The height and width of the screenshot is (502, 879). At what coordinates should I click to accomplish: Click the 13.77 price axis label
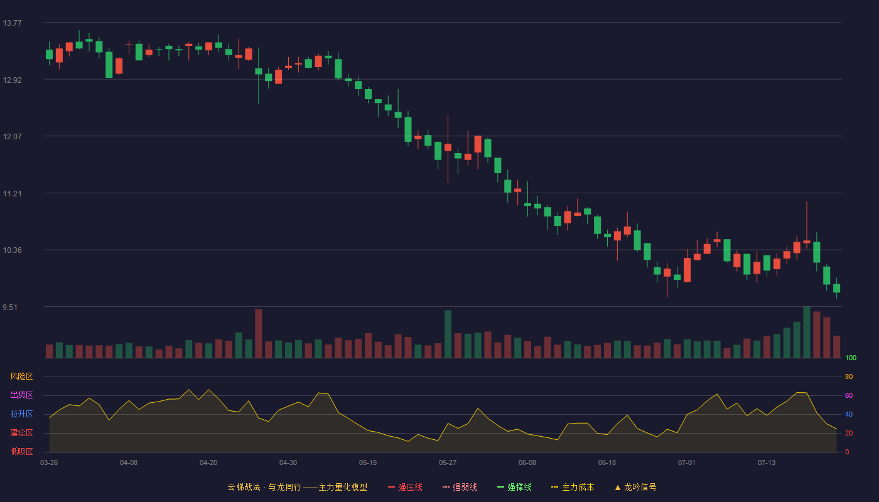click(12, 23)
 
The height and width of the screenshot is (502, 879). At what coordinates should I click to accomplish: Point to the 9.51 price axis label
click(10, 307)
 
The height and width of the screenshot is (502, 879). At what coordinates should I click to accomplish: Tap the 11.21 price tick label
click(12, 194)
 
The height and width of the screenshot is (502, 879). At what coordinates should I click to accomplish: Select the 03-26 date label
click(49, 463)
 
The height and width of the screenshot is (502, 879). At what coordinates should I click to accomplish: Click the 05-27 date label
click(448, 463)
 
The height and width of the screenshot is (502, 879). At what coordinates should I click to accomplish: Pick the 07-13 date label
click(767, 463)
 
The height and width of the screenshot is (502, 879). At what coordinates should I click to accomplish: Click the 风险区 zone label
click(21, 376)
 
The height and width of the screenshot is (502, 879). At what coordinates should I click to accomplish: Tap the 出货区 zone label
click(21, 395)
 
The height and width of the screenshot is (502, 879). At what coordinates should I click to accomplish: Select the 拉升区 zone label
click(21, 414)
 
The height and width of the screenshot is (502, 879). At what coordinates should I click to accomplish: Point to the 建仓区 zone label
click(21, 432)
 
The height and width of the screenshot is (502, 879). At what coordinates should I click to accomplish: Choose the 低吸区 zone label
click(21, 451)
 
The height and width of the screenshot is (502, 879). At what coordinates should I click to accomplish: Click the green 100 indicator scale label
click(851, 358)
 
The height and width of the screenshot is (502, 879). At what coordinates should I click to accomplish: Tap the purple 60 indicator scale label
click(849, 395)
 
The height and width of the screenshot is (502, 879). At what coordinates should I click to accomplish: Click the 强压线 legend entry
click(405, 487)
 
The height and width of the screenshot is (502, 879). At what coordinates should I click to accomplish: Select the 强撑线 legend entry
click(514, 487)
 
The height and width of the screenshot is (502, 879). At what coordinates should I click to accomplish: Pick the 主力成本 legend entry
click(573, 487)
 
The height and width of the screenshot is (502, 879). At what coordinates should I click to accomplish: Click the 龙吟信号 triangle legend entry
click(635, 487)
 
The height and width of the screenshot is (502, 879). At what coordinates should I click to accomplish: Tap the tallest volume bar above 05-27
click(448, 334)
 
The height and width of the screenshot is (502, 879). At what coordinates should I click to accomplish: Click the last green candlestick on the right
click(836, 288)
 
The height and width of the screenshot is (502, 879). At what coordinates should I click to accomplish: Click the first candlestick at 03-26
click(49, 54)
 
